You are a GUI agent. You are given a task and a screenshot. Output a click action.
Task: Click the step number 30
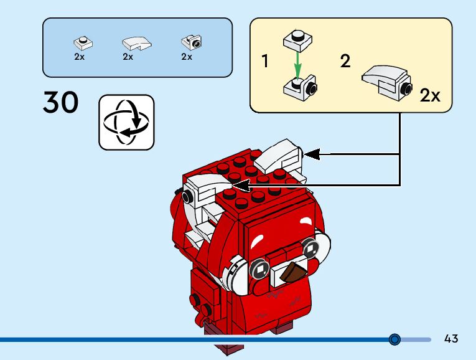point(61,102)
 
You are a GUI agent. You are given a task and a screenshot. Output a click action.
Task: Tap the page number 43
point(451,338)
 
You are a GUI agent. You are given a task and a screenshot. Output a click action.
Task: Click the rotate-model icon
point(126,123)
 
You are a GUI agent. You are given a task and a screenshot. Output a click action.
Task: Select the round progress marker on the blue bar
point(394,339)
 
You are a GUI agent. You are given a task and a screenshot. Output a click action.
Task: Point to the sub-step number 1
point(265,61)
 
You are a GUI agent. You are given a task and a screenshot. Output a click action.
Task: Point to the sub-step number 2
point(345,61)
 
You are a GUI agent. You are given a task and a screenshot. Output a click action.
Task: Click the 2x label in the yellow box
point(430,95)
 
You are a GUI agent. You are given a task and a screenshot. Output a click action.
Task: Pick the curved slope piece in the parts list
point(137,44)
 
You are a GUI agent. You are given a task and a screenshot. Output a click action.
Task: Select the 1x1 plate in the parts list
point(83,43)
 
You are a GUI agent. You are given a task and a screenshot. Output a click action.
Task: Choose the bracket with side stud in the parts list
point(192,42)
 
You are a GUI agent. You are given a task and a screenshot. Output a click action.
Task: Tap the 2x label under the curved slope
point(128,57)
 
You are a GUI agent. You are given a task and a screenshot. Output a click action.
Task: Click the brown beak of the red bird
point(292,272)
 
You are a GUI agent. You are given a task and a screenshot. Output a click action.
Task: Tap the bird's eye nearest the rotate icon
point(260,269)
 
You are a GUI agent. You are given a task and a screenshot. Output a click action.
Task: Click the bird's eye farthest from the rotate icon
point(309,249)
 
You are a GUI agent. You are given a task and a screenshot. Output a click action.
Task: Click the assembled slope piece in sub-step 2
point(387,82)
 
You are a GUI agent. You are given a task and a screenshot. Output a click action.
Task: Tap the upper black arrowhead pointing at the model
point(312,154)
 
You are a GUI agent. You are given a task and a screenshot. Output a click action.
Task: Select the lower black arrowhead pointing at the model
point(241,185)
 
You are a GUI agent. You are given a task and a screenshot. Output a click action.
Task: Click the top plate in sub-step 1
point(298,40)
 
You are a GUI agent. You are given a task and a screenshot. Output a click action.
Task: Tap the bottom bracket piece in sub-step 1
point(300,88)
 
